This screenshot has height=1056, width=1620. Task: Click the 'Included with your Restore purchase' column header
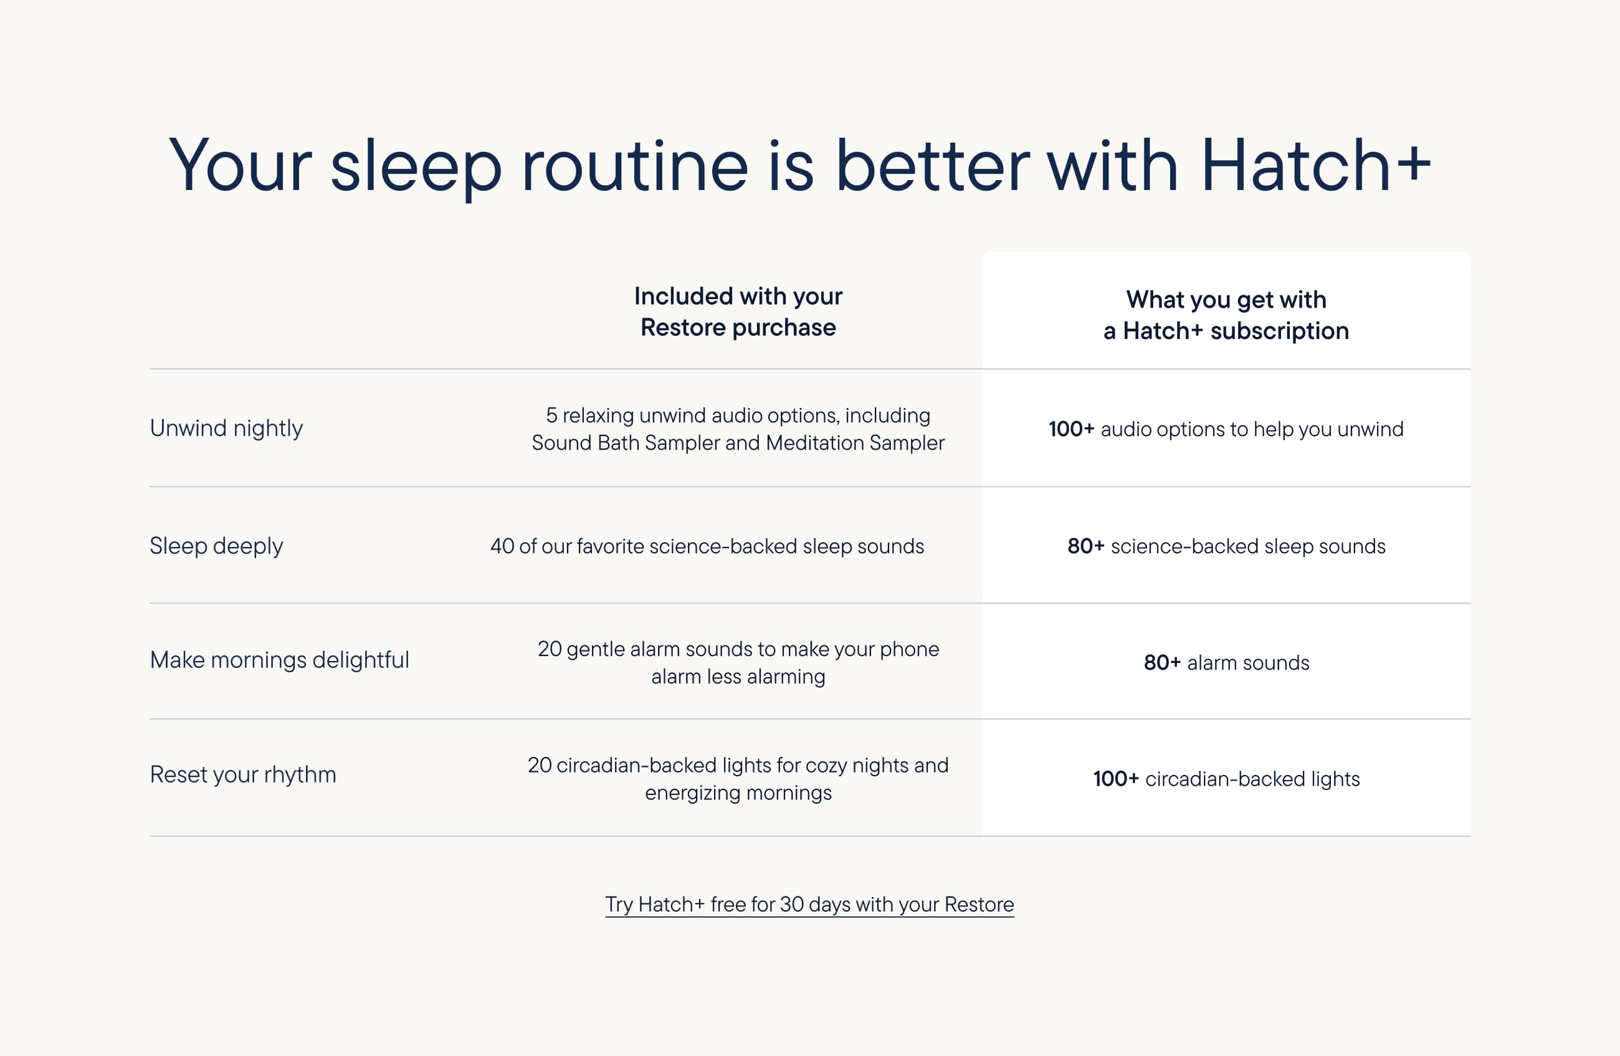click(738, 312)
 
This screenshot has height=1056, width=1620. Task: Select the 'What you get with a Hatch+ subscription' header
click(1226, 315)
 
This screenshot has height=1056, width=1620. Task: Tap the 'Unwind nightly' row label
click(226, 429)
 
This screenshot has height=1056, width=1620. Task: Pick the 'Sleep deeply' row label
click(216, 546)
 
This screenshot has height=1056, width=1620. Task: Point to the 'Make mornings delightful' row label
click(279, 660)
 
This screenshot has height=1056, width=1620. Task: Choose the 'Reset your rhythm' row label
click(243, 775)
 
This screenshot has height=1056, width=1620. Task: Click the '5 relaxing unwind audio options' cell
click(738, 429)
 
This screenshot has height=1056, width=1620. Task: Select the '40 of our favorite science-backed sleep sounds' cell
click(707, 546)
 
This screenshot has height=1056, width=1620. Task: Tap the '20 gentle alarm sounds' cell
click(738, 663)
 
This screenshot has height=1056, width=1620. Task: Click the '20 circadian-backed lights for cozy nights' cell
click(738, 779)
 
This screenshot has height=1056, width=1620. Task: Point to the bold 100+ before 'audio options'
click(1071, 429)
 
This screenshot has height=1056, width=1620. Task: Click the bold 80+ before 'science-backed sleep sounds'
click(1085, 546)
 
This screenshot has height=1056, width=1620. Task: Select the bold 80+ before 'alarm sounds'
click(1162, 663)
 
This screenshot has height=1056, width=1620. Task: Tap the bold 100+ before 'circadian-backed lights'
click(1117, 779)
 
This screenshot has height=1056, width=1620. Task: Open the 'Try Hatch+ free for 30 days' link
click(809, 905)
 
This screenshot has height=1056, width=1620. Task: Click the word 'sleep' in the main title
click(416, 167)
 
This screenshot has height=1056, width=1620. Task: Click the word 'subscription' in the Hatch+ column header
click(1279, 331)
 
